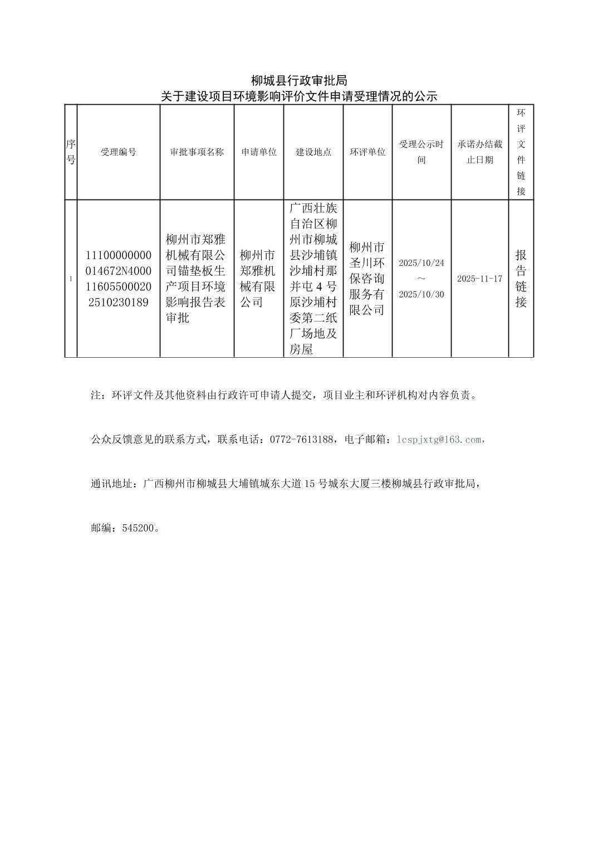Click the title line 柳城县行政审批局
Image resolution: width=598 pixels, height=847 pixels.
coord(299,81)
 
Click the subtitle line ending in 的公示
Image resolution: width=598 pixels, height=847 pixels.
coord(299,96)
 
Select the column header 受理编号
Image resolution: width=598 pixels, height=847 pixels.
coord(118,152)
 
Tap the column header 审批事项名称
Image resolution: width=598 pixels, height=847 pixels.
coord(197,152)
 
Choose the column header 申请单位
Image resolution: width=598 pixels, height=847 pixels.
coord(259,152)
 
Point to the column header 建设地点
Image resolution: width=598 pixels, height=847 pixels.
coord(313,152)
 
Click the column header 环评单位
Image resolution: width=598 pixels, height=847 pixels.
coord(367,152)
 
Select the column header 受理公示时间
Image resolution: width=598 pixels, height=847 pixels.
coord(421,152)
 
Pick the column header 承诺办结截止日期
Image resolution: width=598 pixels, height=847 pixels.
coord(479,152)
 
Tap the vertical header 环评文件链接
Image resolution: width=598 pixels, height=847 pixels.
coord(521,152)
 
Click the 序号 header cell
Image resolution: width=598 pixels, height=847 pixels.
coord(71,152)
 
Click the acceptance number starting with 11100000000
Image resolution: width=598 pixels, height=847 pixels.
coord(118,279)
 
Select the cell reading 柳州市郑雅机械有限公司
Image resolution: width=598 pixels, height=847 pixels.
coord(258,279)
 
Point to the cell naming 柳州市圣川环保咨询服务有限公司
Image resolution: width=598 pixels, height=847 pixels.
coord(367,279)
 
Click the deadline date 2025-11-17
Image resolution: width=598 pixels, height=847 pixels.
coord(479,279)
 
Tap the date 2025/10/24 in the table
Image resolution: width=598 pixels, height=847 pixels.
coord(421,262)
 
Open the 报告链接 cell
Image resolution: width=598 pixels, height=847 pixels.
coord(521,279)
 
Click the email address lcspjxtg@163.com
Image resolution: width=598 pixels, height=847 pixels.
coord(439,440)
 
